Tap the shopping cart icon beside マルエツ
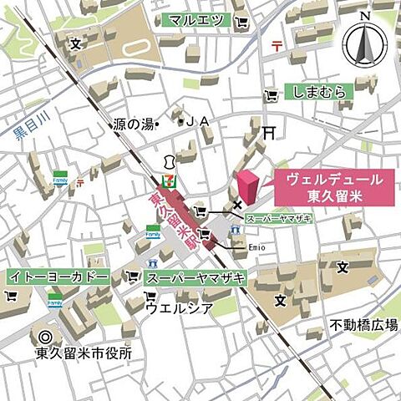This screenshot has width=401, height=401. (241, 20)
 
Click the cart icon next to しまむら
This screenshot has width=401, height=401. (269, 94)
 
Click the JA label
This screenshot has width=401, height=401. (195, 122)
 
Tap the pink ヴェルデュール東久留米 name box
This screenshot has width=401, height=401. (334, 186)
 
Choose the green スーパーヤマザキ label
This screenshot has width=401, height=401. (193, 277)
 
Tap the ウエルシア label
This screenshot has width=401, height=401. (176, 307)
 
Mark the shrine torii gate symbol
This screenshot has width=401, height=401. (268, 131)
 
